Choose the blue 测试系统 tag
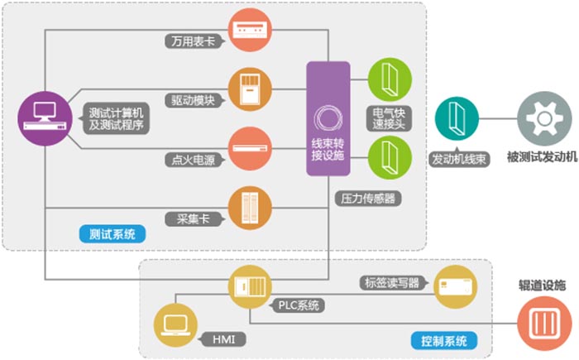pyautogui.click(x=113, y=234)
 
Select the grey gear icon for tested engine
pyautogui.click(x=542, y=118)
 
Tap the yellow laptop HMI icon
pyautogui.click(x=176, y=324)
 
